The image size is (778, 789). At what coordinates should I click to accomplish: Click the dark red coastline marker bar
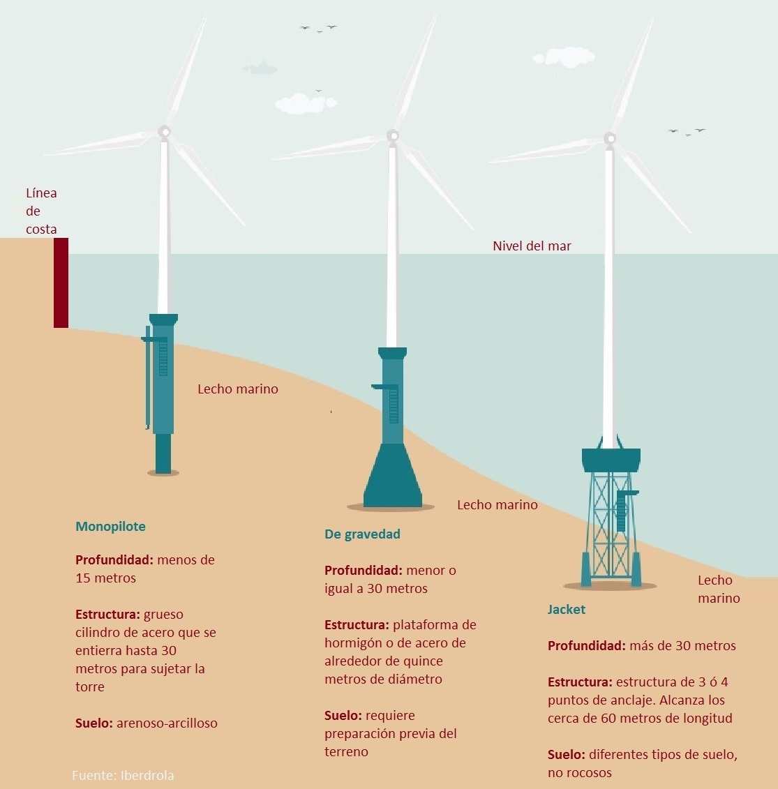61,283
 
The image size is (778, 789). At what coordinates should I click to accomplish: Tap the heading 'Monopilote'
110,527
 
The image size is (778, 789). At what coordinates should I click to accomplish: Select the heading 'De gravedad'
362,534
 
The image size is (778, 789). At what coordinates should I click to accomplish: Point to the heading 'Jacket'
566,610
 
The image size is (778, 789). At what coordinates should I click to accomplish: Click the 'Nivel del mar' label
532,246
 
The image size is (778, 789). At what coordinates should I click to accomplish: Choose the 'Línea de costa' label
41,211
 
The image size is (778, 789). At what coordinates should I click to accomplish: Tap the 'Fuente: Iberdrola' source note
123,775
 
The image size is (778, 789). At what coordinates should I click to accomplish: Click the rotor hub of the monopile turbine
164,131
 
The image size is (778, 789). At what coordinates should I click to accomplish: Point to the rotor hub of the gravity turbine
393,135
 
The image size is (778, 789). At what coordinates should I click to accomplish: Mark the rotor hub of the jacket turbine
611,137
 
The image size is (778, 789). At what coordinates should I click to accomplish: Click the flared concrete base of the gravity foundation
392,478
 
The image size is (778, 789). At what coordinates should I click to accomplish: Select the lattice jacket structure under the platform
611,527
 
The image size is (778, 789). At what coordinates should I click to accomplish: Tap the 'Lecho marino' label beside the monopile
237,389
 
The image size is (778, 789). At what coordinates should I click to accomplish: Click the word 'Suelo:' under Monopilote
93,723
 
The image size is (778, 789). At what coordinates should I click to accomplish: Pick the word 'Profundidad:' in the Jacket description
586,646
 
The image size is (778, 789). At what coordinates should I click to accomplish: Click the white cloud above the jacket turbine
563,57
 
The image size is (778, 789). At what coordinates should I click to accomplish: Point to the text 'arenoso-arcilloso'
167,723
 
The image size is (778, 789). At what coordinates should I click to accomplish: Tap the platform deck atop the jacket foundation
611,459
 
